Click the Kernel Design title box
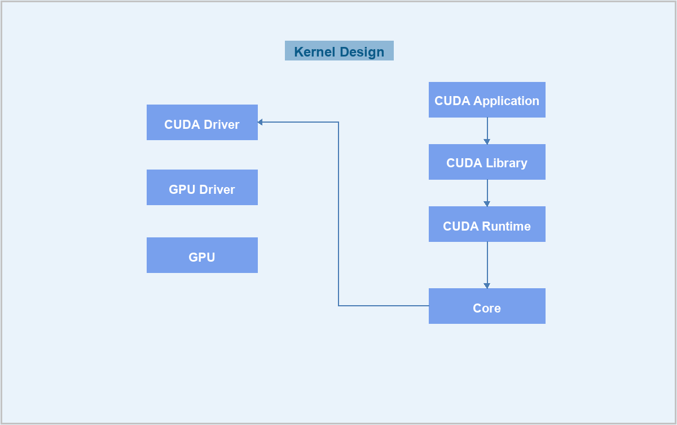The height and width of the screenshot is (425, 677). tap(339, 50)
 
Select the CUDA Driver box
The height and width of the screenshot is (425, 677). tap(202, 122)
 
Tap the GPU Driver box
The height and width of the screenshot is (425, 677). tap(202, 188)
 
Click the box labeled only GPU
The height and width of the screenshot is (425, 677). tap(202, 255)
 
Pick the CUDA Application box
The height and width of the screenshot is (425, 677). tap(487, 99)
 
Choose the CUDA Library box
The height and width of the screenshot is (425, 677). tap(487, 162)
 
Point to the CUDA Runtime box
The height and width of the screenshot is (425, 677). tap(487, 224)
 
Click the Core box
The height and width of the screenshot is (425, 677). tap(487, 306)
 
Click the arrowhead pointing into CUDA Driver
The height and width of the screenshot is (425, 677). tap(260, 122)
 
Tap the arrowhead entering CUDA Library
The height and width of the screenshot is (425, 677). tap(487, 142)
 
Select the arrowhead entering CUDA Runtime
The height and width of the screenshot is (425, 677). tap(487, 204)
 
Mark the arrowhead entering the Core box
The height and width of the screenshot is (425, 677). tap(487, 286)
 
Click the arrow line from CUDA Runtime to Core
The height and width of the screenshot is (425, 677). tap(487, 265)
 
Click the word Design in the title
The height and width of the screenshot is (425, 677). tap(362, 53)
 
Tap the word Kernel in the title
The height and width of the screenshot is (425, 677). tap(315, 52)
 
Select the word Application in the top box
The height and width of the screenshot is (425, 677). tap(506, 101)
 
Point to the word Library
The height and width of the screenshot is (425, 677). tap(507, 163)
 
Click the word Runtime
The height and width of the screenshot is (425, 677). tap(506, 227)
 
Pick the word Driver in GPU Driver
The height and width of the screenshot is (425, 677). tap(217, 189)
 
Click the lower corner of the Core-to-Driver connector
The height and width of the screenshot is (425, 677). tap(338, 306)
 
